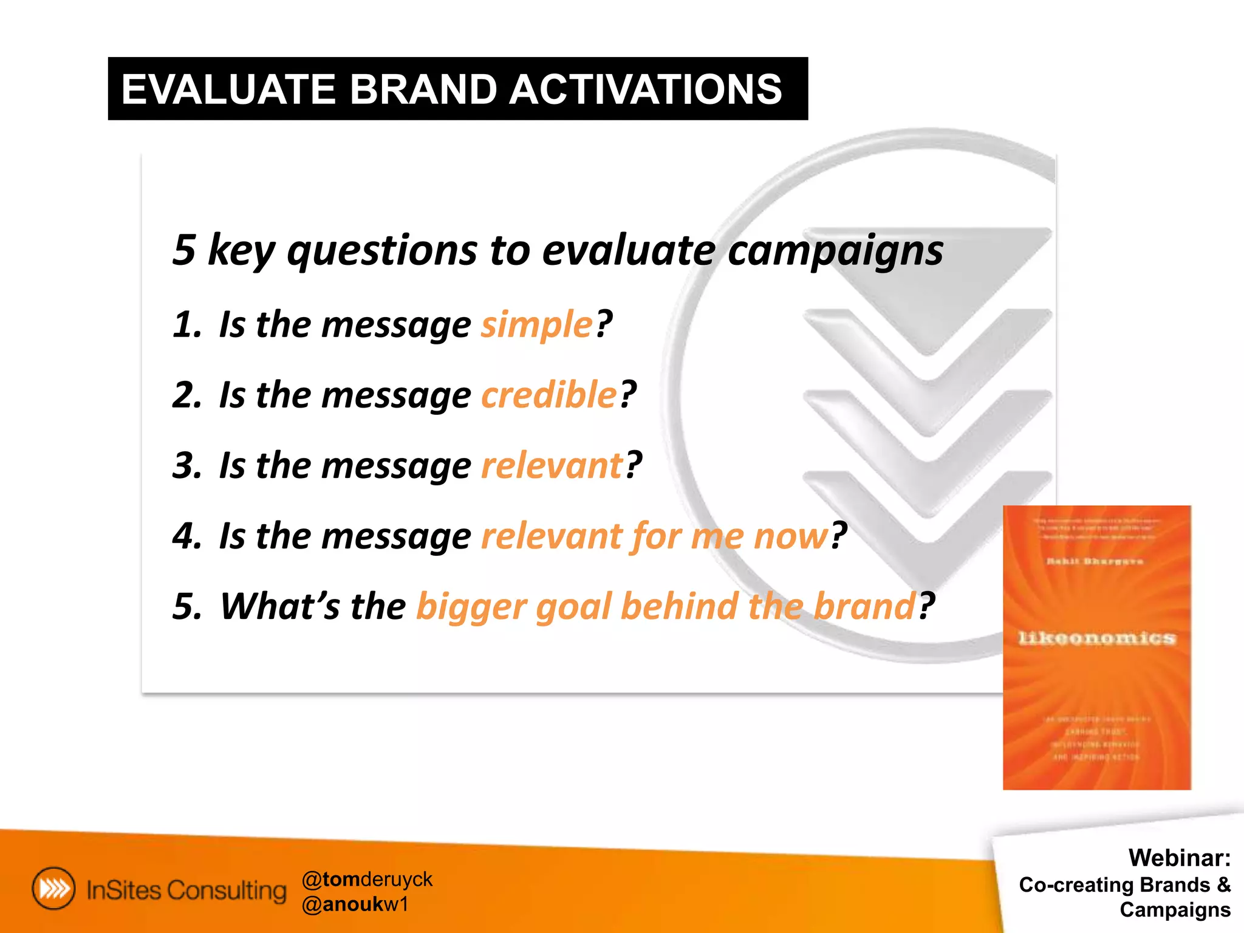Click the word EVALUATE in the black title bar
click(228, 89)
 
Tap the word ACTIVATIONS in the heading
click(645, 89)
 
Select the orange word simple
click(536, 324)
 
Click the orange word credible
click(549, 394)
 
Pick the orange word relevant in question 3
click(552, 465)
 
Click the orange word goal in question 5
click(573, 607)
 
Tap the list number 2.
click(186, 395)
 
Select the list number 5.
click(186, 607)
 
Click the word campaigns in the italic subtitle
click(835, 250)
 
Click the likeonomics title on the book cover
click(1097, 638)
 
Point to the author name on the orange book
click(1095, 561)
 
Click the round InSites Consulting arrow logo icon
click(54, 889)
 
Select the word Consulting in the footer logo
click(227, 890)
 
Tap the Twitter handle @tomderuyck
click(367, 879)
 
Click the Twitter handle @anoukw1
click(355, 904)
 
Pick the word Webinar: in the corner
click(1179, 858)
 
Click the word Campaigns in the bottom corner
click(1175, 910)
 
